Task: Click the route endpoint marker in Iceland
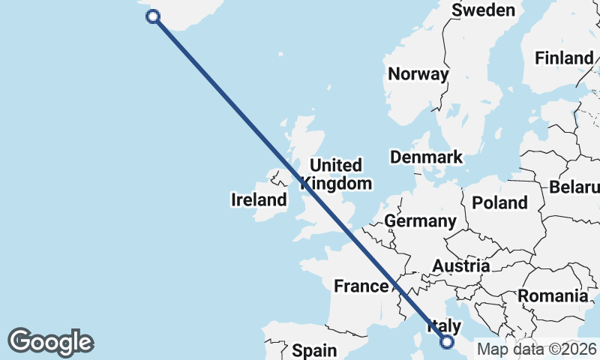pyautogui.click(x=154, y=16)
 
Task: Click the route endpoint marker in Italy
pyautogui.click(x=448, y=342)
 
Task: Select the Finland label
pyautogui.click(x=562, y=58)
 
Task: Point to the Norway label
pyautogui.click(x=418, y=73)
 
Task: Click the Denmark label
pyautogui.click(x=426, y=157)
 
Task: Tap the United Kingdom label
pyautogui.click(x=336, y=174)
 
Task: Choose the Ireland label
pyautogui.click(x=259, y=199)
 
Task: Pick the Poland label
pyautogui.click(x=499, y=202)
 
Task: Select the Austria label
pyautogui.click(x=460, y=265)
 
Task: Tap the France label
pyautogui.click(x=361, y=286)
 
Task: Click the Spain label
pyautogui.click(x=314, y=350)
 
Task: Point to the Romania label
pyautogui.click(x=553, y=295)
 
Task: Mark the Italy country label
pyautogui.click(x=443, y=326)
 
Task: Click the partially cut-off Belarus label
pyautogui.click(x=574, y=187)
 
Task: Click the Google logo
pyautogui.click(x=50, y=341)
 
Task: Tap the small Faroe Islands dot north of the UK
pyautogui.click(x=280, y=54)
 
